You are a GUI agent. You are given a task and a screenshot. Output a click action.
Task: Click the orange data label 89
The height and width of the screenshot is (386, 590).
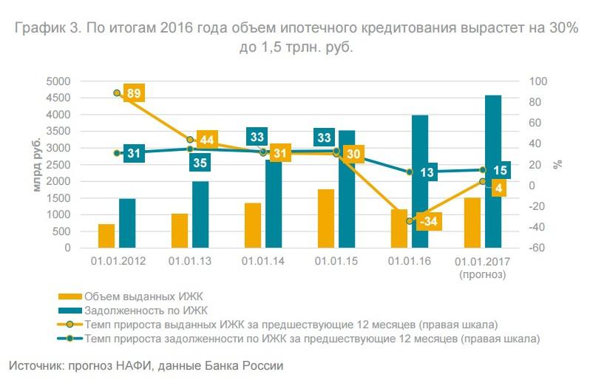[134, 93]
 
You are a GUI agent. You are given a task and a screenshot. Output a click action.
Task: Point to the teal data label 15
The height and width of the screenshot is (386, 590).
[500, 171]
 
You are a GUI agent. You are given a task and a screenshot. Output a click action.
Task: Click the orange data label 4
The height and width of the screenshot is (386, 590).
[500, 189]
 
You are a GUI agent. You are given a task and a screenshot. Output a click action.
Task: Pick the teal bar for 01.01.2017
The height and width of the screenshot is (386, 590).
[492, 172]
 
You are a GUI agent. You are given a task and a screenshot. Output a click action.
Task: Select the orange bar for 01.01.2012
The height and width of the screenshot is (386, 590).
[106, 236]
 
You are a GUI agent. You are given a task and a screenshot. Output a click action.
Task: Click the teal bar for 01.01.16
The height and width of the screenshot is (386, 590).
[420, 181]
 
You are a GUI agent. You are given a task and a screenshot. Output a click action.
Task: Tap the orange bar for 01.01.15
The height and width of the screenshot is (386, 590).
[326, 218]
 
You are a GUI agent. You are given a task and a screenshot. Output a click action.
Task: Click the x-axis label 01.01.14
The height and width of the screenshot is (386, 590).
[264, 262]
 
